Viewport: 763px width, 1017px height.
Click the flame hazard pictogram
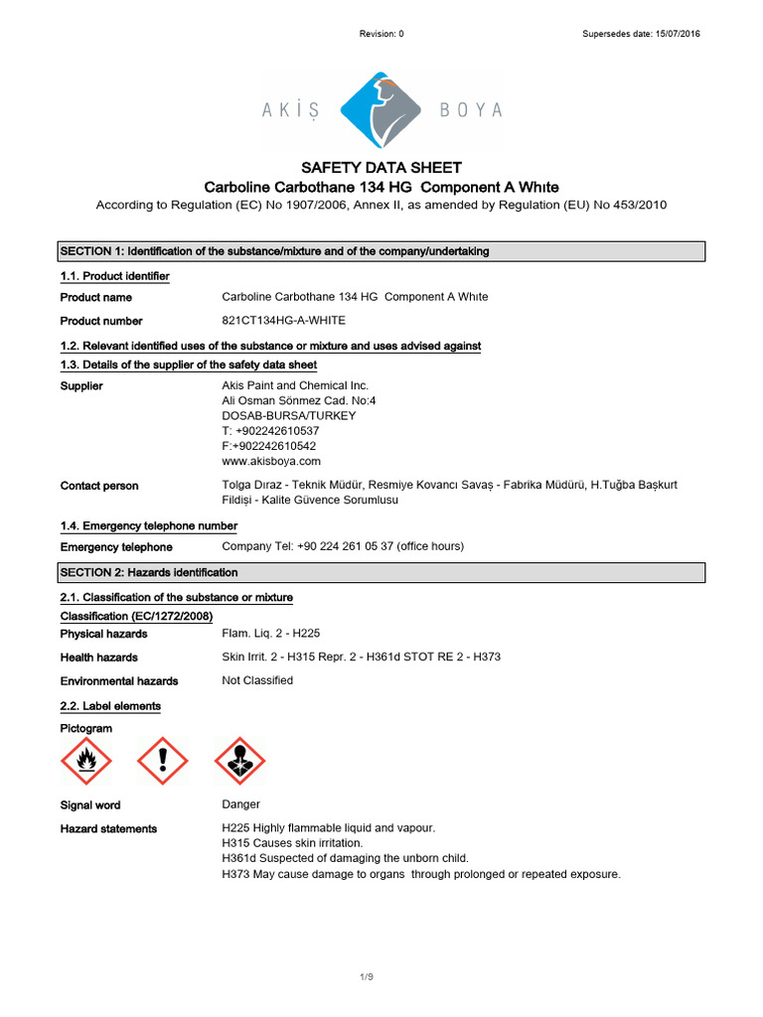click(86, 762)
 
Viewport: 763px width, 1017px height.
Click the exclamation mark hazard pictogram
click(162, 762)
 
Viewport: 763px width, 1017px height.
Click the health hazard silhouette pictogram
click(240, 762)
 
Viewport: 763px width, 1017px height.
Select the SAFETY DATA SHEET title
click(381, 168)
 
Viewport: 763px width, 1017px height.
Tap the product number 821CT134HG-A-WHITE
click(283, 321)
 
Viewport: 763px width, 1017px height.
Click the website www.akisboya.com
click(271, 461)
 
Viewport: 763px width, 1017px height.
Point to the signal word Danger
click(241, 804)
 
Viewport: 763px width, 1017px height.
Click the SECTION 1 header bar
click(381, 251)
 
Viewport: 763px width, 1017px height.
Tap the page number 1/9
click(367, 978)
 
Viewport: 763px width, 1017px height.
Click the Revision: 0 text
click(381, 34)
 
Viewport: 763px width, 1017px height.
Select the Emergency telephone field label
click(116, 547)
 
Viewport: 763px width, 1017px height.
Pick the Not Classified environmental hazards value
click(257, 680)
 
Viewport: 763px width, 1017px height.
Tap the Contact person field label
click(99, 486)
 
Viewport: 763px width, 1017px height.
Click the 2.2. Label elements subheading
click(110, 705)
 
